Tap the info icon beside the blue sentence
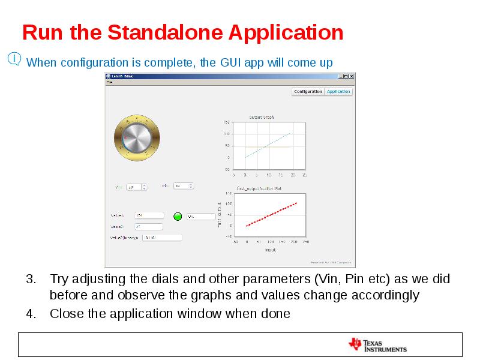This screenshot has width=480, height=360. pos(14,59)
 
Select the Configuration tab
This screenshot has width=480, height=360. pos(308,92)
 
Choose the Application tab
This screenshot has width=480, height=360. pos(338,92)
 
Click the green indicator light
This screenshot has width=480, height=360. pos(178,216)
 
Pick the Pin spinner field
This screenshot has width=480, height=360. pos(183,186)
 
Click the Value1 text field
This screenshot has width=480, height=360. pos(149,215)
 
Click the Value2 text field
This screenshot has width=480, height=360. pos(148,227)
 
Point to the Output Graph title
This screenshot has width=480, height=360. pos(262,117)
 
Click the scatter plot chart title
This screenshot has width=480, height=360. pos(259,188)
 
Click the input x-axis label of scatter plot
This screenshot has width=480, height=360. pos(270,250)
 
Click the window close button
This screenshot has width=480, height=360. pos(352,77)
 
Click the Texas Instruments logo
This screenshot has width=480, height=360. pos(377,345)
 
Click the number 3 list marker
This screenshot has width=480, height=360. pos(31,280)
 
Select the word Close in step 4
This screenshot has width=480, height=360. pos(65,314)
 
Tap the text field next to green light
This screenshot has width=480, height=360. pos(200,216)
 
